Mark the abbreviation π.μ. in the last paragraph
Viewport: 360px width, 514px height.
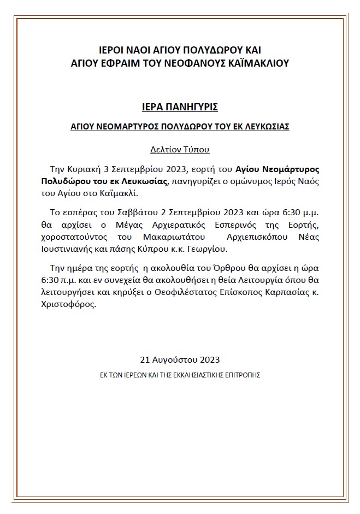click(67, 280)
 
